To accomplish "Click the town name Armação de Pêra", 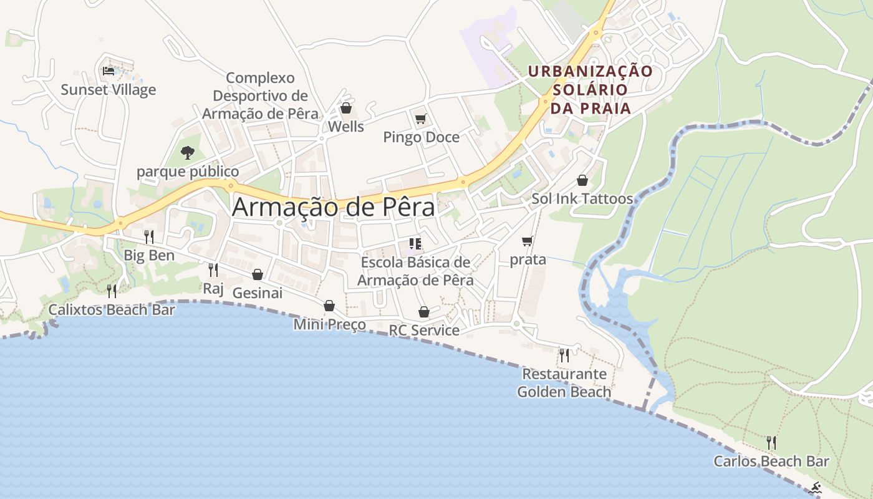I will click(333, 208).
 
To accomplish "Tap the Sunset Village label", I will click(109, 90).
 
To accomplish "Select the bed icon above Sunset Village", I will click(109, 70).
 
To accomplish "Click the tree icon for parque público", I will click(187, 152).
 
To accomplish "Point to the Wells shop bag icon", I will click(346, 109).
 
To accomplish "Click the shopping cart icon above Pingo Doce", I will click(420, 119).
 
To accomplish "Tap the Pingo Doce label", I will click(421, 137).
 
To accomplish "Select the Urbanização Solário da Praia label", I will click(590, 90).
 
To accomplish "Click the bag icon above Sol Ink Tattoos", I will click(582, 180).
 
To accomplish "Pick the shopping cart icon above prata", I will click(528, 241).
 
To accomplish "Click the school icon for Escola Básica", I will click(415, 243).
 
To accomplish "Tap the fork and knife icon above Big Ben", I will click(149, 236).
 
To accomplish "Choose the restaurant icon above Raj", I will click(213, 269).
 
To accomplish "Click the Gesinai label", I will click(257, 293).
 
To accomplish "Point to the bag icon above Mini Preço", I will click(329, 306).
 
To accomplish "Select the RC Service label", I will click(424, 330).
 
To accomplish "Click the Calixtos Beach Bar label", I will click(112, 309).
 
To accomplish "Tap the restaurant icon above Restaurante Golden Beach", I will click(564, 355).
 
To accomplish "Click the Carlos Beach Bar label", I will click(771, 462).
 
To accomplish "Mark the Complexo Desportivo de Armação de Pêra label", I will click(260, 96).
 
